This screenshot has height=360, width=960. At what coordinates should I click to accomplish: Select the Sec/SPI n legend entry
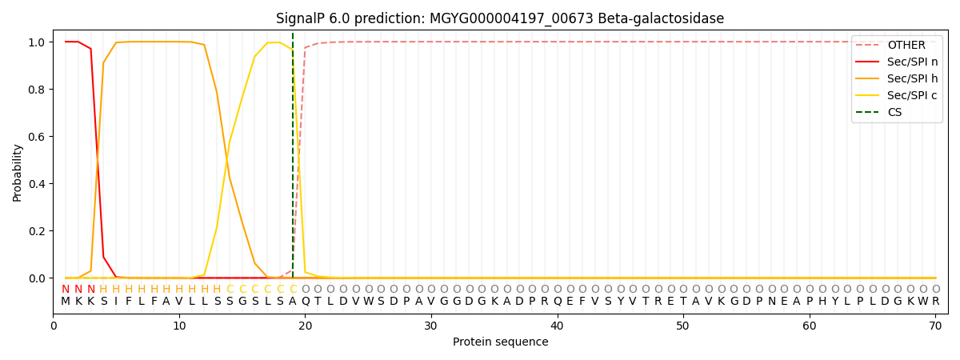click(x=912, y=62)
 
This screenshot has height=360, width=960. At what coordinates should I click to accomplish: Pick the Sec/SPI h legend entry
click(x=912, y=79)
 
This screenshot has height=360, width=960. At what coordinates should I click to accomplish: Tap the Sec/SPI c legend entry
click(x=912, y=96)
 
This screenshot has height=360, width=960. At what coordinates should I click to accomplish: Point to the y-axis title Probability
click(x=18, y=172)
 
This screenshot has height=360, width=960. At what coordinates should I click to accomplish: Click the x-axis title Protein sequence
click(x=500, y=342)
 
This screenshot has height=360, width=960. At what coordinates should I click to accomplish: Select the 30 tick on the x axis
click(x=430, y=326)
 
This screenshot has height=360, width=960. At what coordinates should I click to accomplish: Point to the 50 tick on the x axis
click(x=682, y=326)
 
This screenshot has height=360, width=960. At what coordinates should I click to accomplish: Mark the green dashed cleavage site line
click(x=293, y=160)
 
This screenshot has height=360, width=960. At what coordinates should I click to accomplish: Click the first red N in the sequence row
click(x=66, y=290)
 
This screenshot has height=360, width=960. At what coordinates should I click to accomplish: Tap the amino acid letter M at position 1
click(x=66, y=302)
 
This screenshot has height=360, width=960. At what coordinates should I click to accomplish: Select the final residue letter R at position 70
click(x=935, y=302)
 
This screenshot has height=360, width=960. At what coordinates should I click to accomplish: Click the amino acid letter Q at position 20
click(x=305, y=302)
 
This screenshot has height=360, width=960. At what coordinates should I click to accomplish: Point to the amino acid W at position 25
click(x=368, y=302)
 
